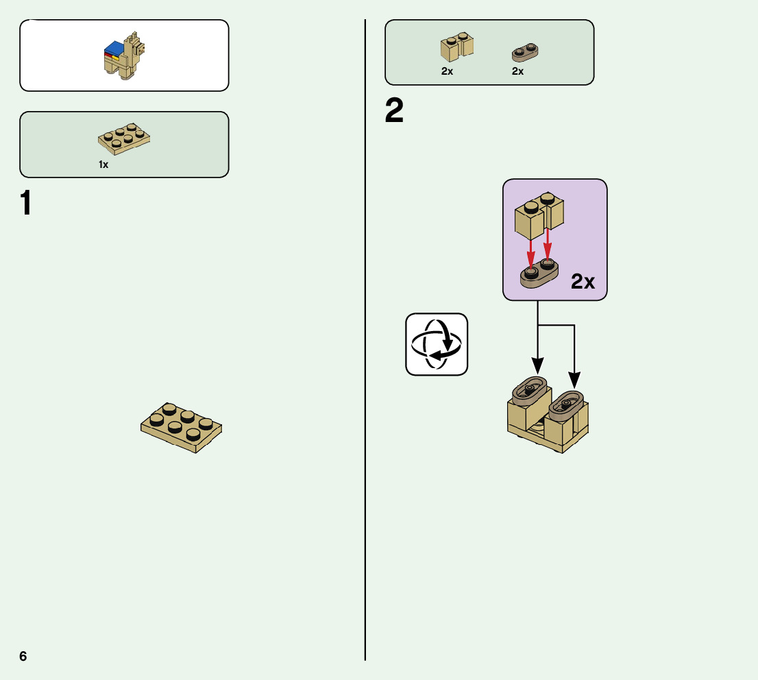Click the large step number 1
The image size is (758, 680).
click(26, 203)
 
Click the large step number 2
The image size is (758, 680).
click(394, 111)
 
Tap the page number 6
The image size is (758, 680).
click(23, 656)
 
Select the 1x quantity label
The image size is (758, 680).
click(103, 165)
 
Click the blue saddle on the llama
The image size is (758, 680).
click(114, 49)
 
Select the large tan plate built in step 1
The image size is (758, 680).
click(181, 427)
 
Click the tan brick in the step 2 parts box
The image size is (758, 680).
click(456, 46)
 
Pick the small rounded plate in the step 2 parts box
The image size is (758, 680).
click(525, 51)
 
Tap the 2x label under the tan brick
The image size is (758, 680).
click(447, 71)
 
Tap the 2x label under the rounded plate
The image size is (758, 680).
click(517, 71)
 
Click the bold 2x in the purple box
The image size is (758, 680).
click(583, 281)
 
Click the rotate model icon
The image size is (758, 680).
click(437, 344)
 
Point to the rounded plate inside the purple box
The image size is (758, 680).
click(539, 274)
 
